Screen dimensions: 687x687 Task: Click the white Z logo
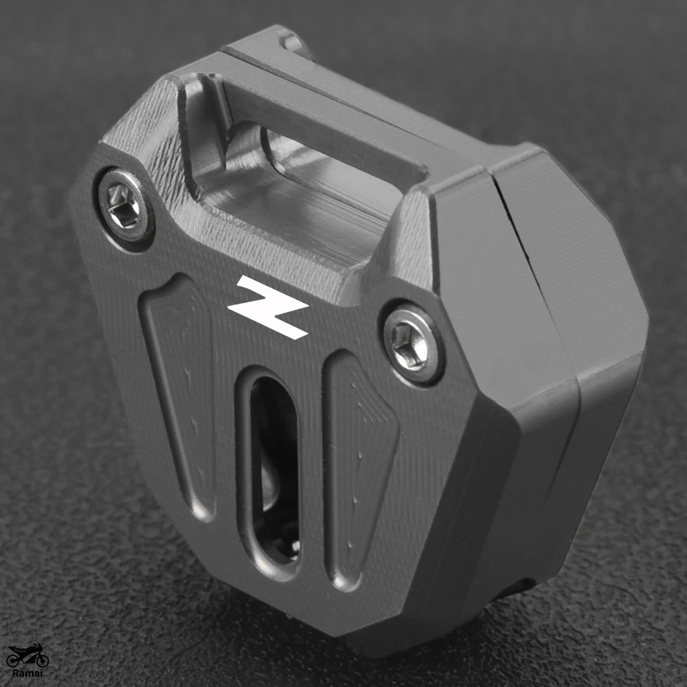pyautogui.click(x=268, y=307)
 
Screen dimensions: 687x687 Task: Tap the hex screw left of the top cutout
pyautogui.click(x=124, y=205)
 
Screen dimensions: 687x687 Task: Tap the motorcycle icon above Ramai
pyautogui.click(x=28, y=655)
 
